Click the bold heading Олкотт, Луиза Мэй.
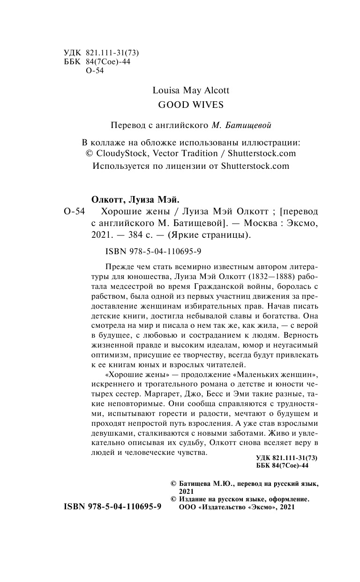tap(128, 199)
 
